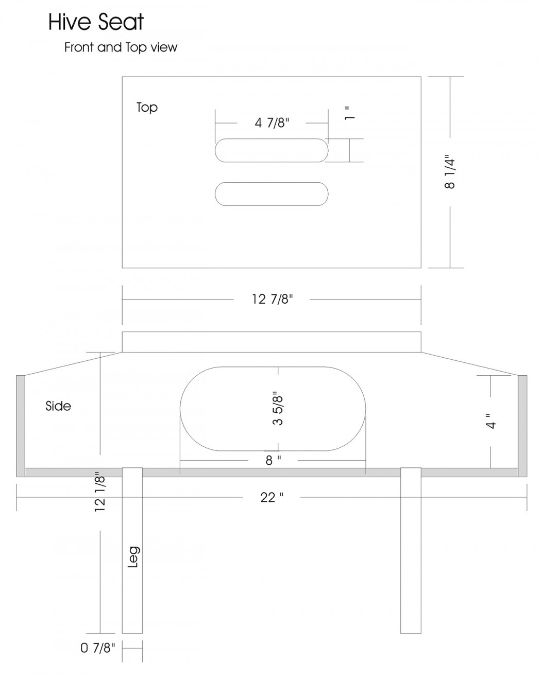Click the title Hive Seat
tap(96, 22)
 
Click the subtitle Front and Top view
tap(121, 47)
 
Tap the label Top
tap(147, 108)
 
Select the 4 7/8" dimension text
tap(272, 123)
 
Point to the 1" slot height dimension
tap(349, 113)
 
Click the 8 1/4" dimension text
tap(450, 172)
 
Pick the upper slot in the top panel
tap(272, 150)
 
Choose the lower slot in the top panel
tap(272, 194)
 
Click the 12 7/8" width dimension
tap(272, 299)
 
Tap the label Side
tap(58, 406)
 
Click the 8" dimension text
tap(273, 460)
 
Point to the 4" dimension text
tap(491, 421)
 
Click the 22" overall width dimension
tap(272, 498)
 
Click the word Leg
tap(133, 557)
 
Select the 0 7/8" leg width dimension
tap(97, 648)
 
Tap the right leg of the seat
tap(411, 550)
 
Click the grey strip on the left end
tap(21, 426)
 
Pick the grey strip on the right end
tap(522, 426)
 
